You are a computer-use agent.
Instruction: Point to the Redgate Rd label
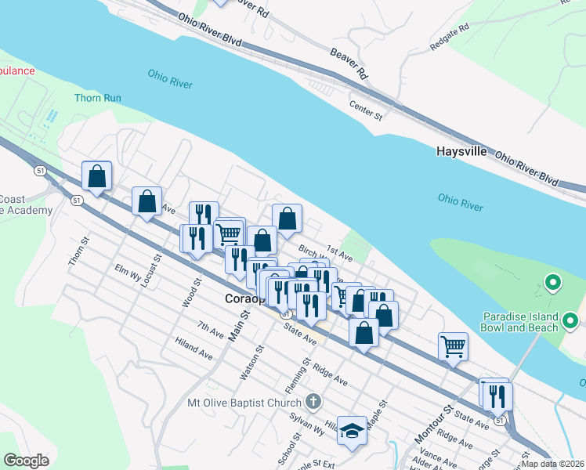point(449,38)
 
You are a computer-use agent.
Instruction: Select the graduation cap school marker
point(353,430)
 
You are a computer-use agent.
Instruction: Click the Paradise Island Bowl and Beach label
point(520,322)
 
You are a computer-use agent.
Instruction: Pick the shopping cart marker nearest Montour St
point(454,345)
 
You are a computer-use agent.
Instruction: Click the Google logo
point(26,461)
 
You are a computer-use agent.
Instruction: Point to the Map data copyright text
point(553,463)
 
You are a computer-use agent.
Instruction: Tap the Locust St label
point(153,268)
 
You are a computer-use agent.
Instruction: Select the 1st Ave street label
point(340,253)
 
